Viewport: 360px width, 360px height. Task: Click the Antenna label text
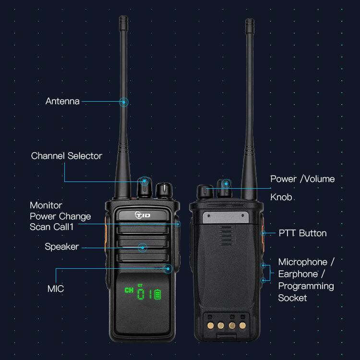tap(62, 101)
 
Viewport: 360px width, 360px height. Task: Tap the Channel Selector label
tap(66, 156)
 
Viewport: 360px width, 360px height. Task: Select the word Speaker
tap(61, 247)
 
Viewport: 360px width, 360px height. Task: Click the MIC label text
tap(55, 289)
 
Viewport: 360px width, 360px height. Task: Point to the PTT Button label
tap(302, 233)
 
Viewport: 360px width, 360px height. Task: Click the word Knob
tap(281, 197)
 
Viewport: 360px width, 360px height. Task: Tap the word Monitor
tap(46, 205)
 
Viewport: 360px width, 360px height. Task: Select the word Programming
tap(306, 286)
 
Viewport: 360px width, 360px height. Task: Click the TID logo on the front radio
tap(143, 215)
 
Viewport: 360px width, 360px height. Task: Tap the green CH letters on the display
tap(129, 290)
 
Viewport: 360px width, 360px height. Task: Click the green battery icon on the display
tap(157, 294)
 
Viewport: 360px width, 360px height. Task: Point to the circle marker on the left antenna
tap(124, 102)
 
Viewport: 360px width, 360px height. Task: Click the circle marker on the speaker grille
tap(143, 247)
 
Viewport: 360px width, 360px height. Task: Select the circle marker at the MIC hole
tap(168, 268)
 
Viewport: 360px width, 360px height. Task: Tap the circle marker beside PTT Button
tap(263, 233)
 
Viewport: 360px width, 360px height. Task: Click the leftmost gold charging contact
tap(211, 325)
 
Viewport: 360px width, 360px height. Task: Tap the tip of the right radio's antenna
tap(249, 21)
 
